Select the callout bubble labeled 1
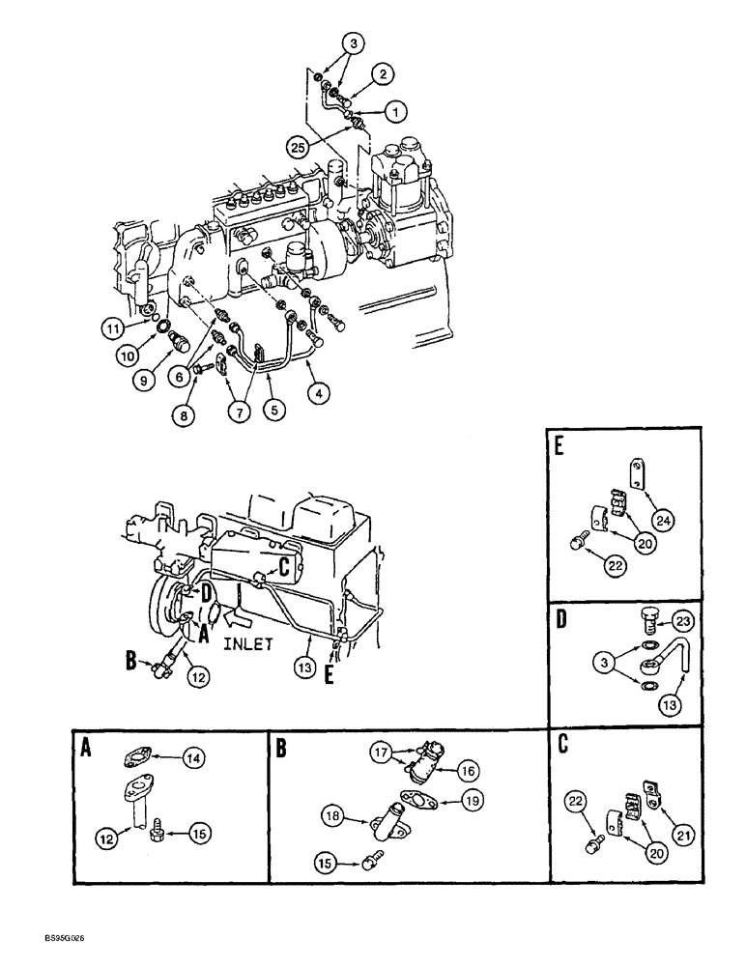tap(394, 112)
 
